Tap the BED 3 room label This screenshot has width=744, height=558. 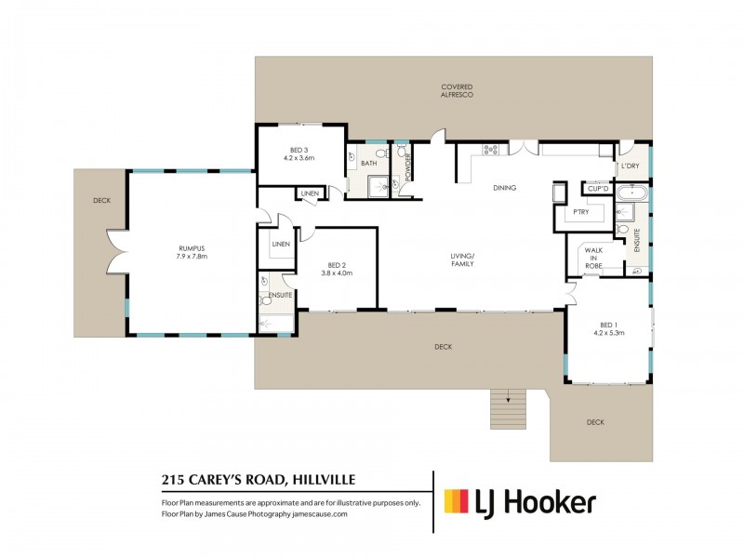(299, 153)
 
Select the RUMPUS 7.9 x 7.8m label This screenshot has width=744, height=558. (192, 251)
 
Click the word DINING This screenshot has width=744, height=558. (504, 188)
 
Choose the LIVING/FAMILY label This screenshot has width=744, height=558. (462, 259)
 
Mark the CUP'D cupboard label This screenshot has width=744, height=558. (597, 189)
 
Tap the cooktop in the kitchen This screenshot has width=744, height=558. (490, 149)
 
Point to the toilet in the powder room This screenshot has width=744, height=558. (400, 151)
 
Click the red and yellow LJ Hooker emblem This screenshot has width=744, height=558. (456, 503)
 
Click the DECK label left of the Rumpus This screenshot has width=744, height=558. (100, 200)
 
